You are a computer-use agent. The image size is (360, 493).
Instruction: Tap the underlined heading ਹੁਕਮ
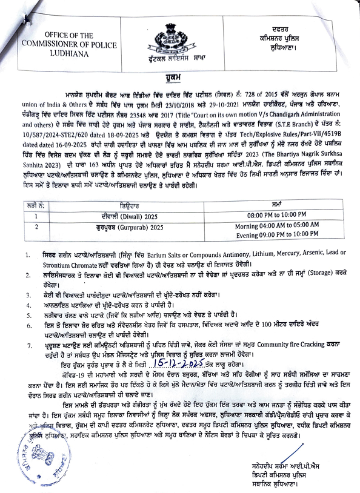[180, 77]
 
